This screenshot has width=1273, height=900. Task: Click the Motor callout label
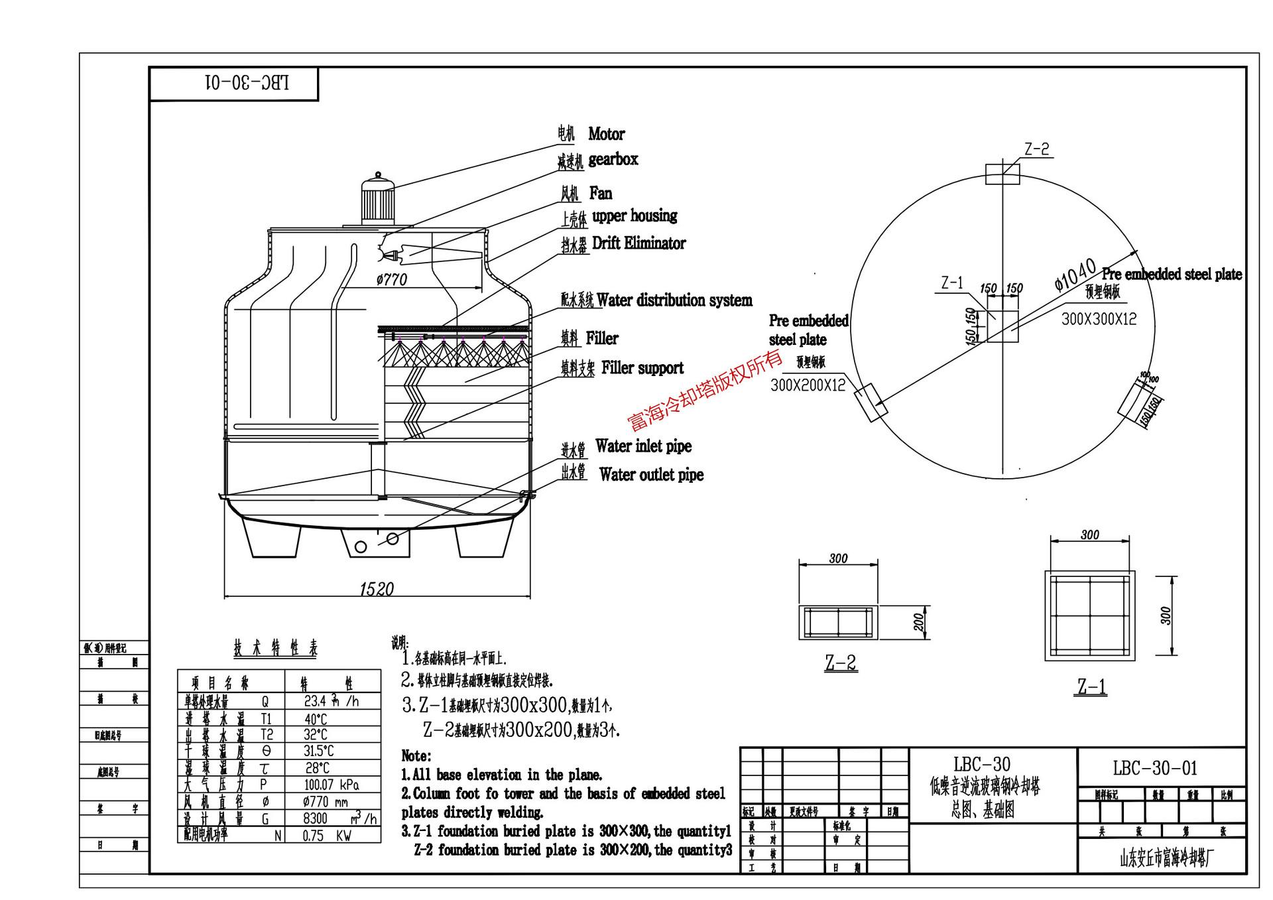point(605,134)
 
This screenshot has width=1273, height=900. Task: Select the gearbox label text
point(613,159)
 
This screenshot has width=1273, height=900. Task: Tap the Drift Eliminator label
point(638,243)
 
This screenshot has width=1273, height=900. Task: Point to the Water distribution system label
point(674,300)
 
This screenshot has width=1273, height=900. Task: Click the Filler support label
point(642,368)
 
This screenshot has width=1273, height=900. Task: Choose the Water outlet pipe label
point(650,475)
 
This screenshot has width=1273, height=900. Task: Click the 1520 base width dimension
point(377,589)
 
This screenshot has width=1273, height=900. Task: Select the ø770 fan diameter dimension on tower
point(391,279)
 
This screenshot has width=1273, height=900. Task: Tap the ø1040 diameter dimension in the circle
point(1075,275)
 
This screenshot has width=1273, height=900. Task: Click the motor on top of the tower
point(377,200)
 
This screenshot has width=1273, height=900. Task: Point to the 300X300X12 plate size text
point(1099,319)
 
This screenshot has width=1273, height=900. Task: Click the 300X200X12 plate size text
point(808,385)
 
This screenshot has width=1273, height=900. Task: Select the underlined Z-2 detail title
point(841,662)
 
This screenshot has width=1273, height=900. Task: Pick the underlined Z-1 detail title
point(1091,686)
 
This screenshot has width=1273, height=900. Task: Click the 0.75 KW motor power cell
point(327,836)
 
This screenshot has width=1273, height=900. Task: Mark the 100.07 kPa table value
point(332,785)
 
